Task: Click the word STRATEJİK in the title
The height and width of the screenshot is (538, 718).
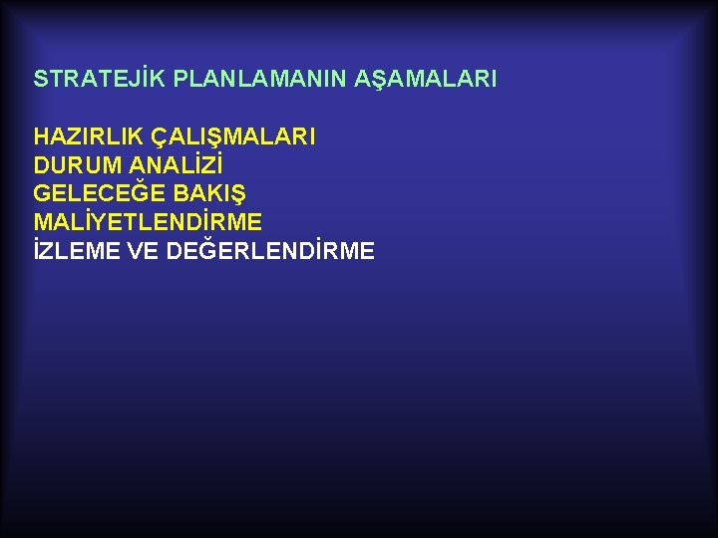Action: pyautogui.click(x=99, y=79)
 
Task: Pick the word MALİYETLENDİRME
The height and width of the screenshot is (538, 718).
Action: pyautogui.click(x=148, y=221)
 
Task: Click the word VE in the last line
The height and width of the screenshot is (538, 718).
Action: pyautogui.click(x=144, y=250)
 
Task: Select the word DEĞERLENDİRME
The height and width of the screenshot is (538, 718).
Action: pyautogui.click(x=270, y=250)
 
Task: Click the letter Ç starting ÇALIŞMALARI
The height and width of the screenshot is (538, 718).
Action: pyautogui.click(x=158, y=137)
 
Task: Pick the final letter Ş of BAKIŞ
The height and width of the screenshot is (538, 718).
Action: pyautogui.click(x=237, y=193)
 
